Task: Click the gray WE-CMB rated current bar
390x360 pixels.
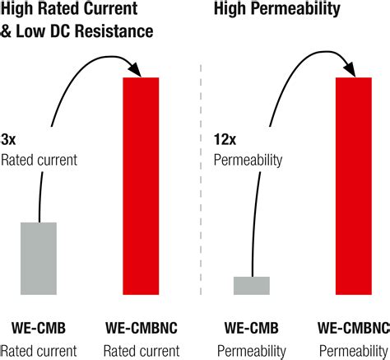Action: [38, 258]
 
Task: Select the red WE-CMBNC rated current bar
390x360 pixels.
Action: [141, 185]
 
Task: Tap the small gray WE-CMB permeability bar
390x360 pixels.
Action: [251, 285]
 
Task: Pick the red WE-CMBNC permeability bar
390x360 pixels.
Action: [355, 185]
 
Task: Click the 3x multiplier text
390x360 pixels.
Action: [10, 139]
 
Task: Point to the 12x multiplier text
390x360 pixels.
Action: [225, 139]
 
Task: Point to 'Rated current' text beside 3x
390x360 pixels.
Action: [39, 160]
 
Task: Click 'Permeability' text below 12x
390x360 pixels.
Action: [248, 160]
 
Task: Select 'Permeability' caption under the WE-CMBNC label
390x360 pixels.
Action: [354, 350]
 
